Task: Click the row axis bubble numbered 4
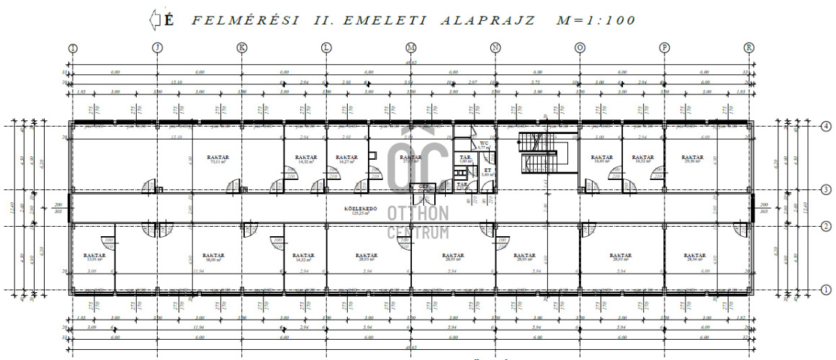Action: pos(807,126)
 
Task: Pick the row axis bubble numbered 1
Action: pos(807,290)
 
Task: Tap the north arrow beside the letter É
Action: pos(153,20)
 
